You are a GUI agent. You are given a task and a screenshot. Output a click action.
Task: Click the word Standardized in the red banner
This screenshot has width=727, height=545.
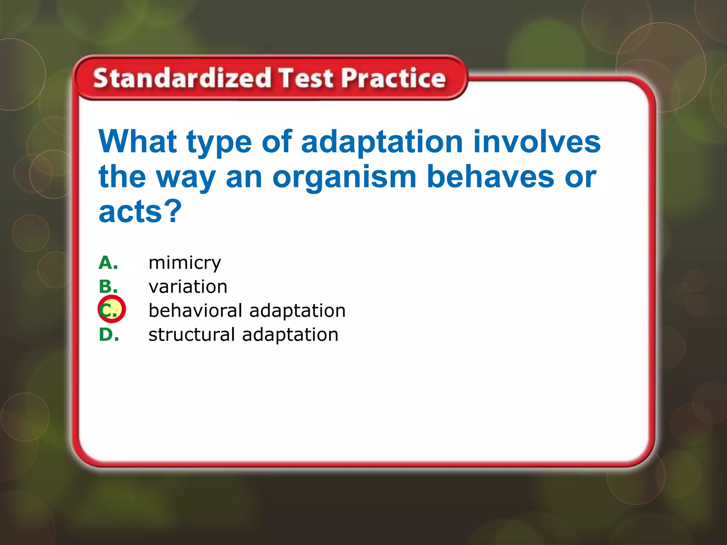coord(182,78)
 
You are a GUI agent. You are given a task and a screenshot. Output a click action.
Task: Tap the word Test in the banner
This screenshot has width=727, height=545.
coord(306,78)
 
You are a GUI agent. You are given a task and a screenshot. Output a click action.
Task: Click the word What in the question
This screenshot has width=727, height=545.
coord(138,142)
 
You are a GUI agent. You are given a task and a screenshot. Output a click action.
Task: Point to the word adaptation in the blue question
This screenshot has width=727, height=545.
coord(382,142)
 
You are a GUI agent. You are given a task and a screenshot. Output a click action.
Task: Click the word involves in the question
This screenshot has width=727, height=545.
coord(537,142)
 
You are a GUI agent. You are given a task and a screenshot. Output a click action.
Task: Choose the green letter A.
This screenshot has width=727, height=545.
coord(108,263)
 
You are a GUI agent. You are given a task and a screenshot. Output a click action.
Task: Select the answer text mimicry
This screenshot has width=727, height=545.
coord(185,263)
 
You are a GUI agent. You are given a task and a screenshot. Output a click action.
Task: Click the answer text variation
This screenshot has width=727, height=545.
coord(188,287)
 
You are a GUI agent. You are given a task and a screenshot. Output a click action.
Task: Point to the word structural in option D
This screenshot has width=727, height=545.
coord(192,335)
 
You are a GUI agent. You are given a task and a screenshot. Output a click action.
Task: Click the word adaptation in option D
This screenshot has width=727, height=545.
coord(290,335)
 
